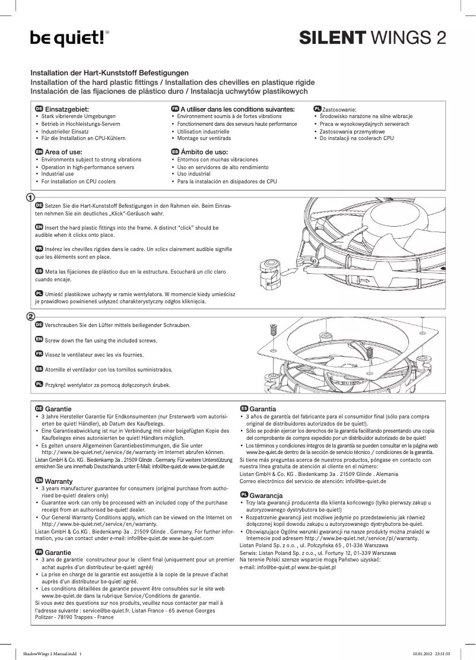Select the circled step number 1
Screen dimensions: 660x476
click(x=30, y=196)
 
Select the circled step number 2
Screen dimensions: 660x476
click(x=30, y=316)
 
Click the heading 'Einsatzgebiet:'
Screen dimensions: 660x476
click(x=67, y=109)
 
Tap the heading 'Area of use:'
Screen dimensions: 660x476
click(x=64, y=153)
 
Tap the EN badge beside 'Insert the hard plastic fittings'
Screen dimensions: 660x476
click(x=39, y=227)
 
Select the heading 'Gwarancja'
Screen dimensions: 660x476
click(x=266, y=495)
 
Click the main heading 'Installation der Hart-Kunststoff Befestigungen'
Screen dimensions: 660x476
click(x=109, y=72)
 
